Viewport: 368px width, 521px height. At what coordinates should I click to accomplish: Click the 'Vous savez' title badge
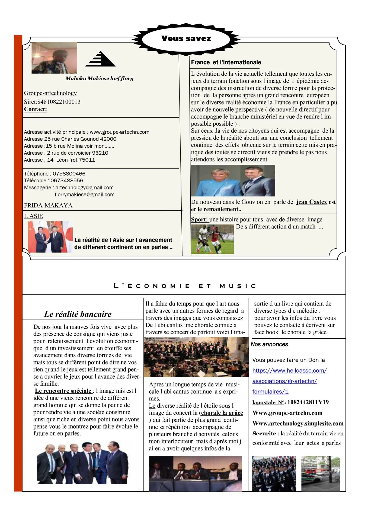pyautogui.click(x=186, y=39)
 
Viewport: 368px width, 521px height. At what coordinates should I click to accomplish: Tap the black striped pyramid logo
pyautogui.click(x=101, y=59)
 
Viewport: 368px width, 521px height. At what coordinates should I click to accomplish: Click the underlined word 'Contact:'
pyautogui.click(x=36, y=109)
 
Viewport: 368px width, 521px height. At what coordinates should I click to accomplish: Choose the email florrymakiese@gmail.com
pyautogui.click(x=84, y=195)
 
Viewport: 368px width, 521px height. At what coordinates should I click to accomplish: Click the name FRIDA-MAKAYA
pyautogui.click(x=48, y=205)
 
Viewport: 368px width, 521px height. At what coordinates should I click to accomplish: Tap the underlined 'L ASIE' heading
pyautogui.click(x=33, y=216)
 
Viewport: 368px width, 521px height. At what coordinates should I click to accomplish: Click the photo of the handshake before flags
pyautogui.click(x=50, y=237)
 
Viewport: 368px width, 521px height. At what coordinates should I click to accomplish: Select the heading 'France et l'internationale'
pyautogui.click(x=226, y=62)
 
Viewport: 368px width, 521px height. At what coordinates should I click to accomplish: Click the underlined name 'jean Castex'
pyautogui.click(x=311, y=202)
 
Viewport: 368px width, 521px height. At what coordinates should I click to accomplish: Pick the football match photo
pyautogui.click(x=212, y=239)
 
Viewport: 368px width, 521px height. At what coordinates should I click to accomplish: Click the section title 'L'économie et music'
pyautogui.click(x=185, y=286)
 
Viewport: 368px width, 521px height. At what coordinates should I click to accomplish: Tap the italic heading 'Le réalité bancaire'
pyautogui.click(x=78, y=314)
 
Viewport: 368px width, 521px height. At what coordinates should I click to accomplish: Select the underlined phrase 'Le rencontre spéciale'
pyautogui.click(x=63, y=391)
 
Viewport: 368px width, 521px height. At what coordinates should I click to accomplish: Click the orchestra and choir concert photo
pyautogui.click(x=196, y=357)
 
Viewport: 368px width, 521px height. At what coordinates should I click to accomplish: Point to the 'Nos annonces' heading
pyautogui.click(x=269, y=344)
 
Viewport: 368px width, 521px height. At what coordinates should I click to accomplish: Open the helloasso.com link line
pyautogui.click(x=289, y=371)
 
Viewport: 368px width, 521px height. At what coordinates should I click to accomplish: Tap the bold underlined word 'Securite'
pyautogui.click(x=264, y=433)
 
